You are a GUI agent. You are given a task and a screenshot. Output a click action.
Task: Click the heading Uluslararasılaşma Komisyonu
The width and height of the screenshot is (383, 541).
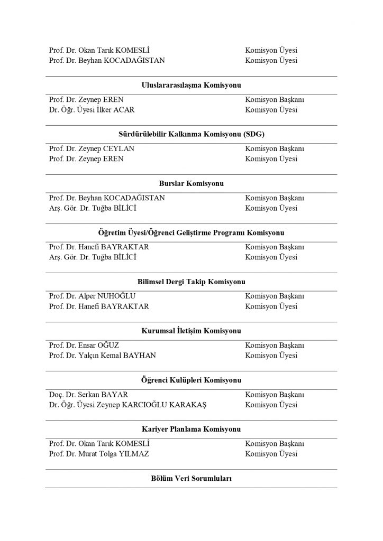pos(191,85)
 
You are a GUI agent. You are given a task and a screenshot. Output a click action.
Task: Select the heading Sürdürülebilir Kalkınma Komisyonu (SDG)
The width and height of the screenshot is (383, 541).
pos(191,134)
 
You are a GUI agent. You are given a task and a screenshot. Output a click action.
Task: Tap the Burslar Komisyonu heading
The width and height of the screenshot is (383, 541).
pos(191,183)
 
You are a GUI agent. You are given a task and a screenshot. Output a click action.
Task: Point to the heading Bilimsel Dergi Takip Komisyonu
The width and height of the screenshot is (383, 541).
pos(191,282)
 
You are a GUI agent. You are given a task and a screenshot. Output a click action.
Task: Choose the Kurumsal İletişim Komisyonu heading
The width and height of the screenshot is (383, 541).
pos(191,331)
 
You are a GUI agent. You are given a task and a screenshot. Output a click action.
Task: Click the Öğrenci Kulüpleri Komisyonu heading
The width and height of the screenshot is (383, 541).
pos(191,380)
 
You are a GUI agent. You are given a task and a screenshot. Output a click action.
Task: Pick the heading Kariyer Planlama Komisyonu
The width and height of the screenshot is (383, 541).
pos(191,429)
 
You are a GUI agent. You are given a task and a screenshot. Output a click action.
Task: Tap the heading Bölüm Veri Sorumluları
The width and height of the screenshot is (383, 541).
pos(191,478)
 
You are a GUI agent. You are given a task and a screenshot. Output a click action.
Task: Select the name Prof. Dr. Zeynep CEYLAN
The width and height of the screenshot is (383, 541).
pos(92,149)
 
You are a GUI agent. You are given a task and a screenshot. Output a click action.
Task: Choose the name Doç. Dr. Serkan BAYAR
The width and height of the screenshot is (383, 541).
pos(88,395)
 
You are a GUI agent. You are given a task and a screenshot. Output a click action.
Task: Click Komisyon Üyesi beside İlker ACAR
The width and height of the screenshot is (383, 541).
pos(271,110)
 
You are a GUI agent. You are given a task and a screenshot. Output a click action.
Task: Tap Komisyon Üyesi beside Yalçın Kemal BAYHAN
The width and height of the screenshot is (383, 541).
pos(271,356)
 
